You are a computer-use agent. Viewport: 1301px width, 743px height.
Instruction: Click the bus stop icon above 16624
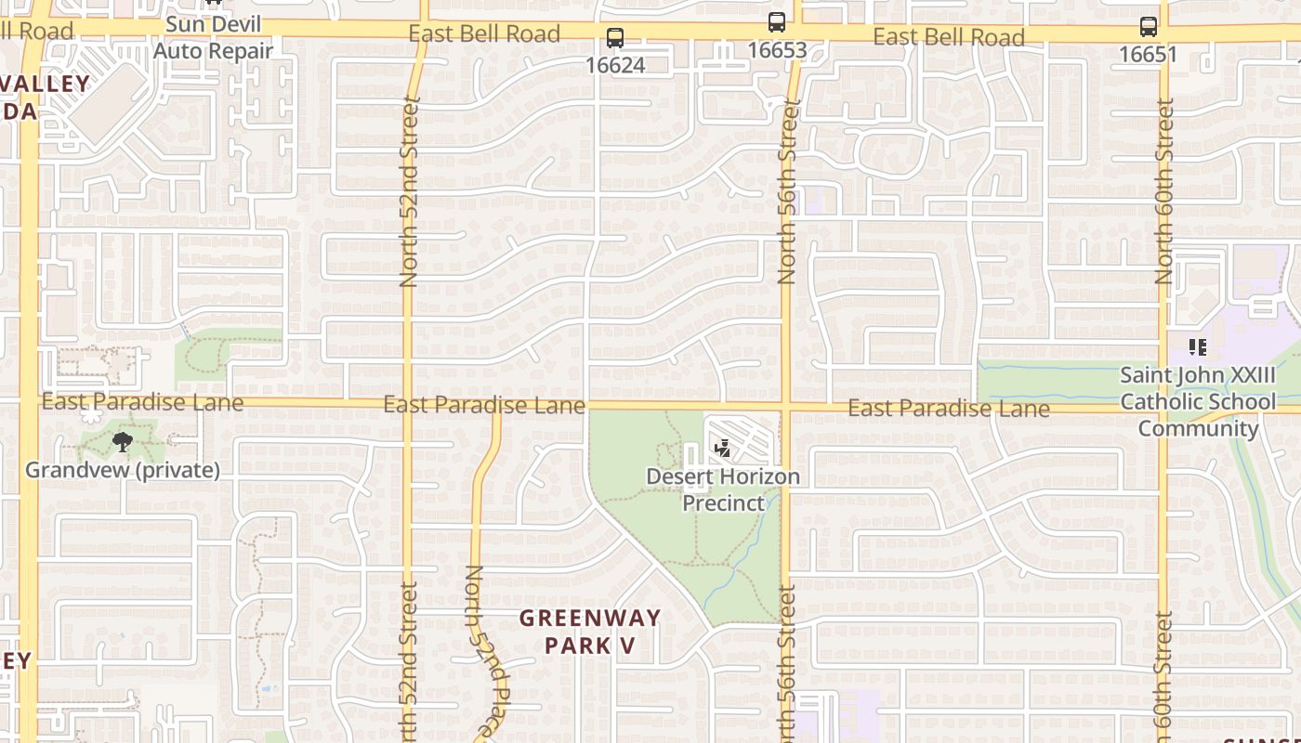click(614, 39)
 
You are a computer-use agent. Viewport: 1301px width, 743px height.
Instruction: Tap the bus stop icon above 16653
click(777, 22)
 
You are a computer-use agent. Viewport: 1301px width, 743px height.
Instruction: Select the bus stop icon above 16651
click(1149, 27)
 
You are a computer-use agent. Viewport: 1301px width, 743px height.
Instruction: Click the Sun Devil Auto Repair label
click(213, 37)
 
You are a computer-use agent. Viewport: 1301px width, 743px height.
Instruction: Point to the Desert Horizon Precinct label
click(723, 489)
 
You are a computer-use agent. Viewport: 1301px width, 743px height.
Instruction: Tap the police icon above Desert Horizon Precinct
click(722, 450)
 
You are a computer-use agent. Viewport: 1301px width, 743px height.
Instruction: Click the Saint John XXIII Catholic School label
click(1198, 402)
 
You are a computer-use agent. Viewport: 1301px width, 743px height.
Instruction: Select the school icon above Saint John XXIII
click(1198, 347)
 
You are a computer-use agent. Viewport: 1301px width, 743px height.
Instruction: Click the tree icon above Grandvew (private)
click(122, 442)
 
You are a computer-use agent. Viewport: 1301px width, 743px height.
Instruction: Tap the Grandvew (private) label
click(123, 470)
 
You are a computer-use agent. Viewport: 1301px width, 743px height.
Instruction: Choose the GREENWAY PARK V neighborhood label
click(590, 631)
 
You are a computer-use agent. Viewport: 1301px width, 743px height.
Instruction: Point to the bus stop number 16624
click(614, 65)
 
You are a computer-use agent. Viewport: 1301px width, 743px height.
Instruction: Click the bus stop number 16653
click(777, 49)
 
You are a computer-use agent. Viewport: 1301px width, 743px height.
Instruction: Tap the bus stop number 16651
click(1148, 54)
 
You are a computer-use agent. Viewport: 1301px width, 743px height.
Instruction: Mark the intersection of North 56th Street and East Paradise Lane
click(786, 406)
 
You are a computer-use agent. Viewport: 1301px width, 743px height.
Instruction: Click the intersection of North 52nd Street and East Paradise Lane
click(407, 404)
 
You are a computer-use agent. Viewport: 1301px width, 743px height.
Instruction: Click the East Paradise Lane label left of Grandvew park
click(142, 402)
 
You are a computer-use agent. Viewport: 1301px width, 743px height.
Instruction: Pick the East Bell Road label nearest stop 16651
click(949, 37)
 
